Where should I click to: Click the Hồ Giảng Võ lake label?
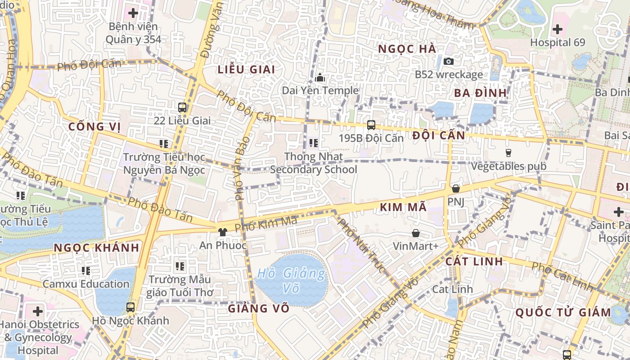click(x=292, y=280)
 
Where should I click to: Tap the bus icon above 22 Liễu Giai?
click(x=182, y=108)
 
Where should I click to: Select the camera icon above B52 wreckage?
click(x=449, y=61)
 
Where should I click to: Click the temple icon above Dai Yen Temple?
click(x=320, y=77)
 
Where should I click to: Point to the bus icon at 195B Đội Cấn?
click(x=371, y=125)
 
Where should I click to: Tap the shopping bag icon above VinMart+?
click(x=416, y=233)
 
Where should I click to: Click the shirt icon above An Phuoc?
click(x=223, y=232)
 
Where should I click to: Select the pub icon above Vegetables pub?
click(x=508, y=153)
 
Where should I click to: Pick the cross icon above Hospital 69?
click(x=558, y=30)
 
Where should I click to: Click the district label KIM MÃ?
click(x=403, y=207)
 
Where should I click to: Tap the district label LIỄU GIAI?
click(x=246, y=70)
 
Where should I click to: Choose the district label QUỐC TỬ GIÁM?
click(x=563, y=312)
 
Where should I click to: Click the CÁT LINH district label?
click(x=474, y=261)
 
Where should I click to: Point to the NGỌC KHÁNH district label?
click(x=96, y=248)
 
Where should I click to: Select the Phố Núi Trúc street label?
click(x=362, y=245)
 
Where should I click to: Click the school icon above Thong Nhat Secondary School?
click(x=314, y=144)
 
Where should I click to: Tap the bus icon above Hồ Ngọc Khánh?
click(x=130, y=307)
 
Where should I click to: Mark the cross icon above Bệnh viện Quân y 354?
click(x=133, y=13)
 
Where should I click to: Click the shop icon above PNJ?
click(x=456, y=189)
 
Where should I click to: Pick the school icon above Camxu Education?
click(x=86, y=270)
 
